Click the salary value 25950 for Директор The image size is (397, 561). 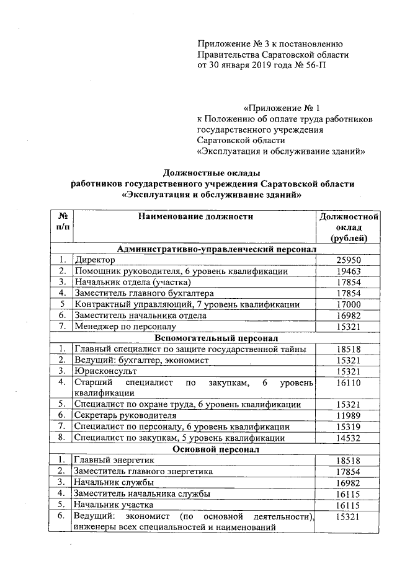[348, 260]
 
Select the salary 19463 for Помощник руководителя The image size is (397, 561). [348, 272]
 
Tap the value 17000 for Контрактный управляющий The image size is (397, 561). [348, 304]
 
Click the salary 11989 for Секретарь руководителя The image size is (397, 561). [348, 415]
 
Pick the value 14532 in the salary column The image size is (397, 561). [348, 438]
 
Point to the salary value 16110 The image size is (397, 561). [348, 384]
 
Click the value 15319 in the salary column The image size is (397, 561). [348, 426]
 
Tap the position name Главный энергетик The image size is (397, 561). [113, 461]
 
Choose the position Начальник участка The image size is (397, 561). [114, 505]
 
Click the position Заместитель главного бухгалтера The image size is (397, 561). [144, 293]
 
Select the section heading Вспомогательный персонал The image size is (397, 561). [216, 338]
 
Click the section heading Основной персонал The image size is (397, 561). [216, 449]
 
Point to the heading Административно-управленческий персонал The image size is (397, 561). [216, 249]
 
